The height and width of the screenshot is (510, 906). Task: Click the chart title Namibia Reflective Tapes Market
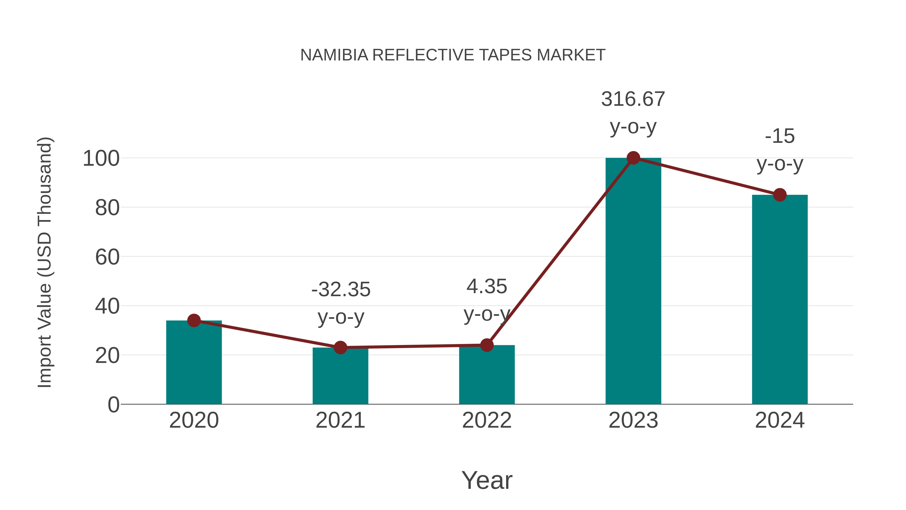coord(453,55)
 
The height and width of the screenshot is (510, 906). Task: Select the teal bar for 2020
coord(194,362)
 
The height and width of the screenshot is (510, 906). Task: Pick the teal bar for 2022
coord(487,375)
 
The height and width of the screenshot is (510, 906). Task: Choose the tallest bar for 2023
coord(633,282)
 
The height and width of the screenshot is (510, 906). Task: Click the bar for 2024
coord(780,299)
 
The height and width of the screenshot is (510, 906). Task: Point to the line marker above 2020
coord(194,320)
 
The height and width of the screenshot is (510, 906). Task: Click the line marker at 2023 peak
coord(633,158)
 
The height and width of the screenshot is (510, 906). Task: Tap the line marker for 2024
coord(780,195)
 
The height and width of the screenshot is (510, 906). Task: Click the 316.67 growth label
coord(633,99)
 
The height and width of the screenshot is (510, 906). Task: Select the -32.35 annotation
coord(341,290)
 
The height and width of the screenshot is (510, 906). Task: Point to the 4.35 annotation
coord(487,287)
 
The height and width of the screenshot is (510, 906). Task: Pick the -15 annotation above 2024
coord(780,136)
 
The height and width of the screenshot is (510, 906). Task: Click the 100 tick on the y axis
coord(101,159)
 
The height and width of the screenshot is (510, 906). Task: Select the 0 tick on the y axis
coord(114,405)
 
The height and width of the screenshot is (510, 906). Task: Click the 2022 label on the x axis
coord(487,420)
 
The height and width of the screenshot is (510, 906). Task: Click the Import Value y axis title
coord(45,262)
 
